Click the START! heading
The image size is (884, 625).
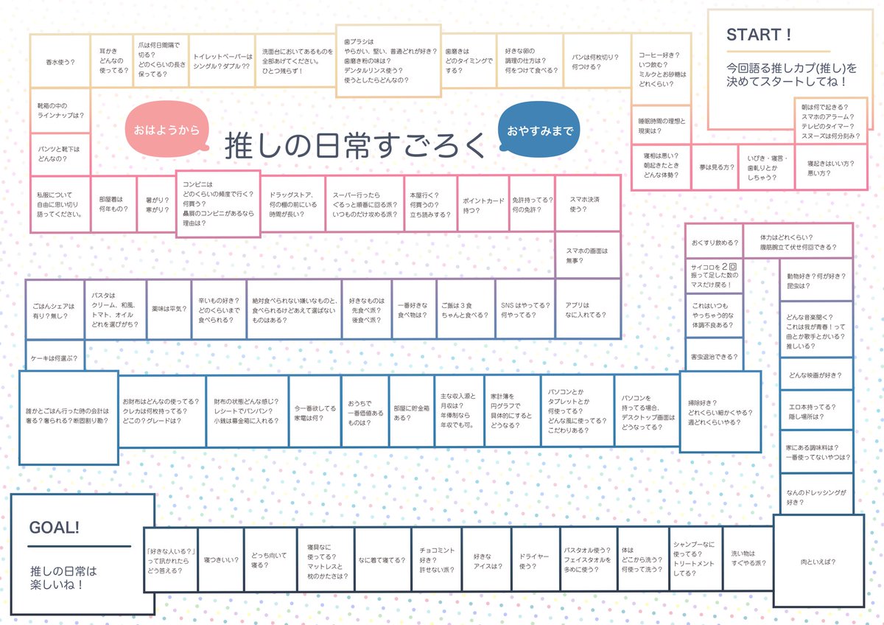coord(759,35)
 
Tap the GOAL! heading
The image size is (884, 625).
coord(54,528)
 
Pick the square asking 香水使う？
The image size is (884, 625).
coord(60,62)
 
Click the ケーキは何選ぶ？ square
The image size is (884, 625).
coord(55,358)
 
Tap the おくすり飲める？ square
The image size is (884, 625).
coord(712,242)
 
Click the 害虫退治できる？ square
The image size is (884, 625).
coord(712,357)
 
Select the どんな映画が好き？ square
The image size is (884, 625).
coord(816,374)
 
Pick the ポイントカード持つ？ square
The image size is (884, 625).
coord(483,204)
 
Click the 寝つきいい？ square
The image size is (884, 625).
coord(221,560)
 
